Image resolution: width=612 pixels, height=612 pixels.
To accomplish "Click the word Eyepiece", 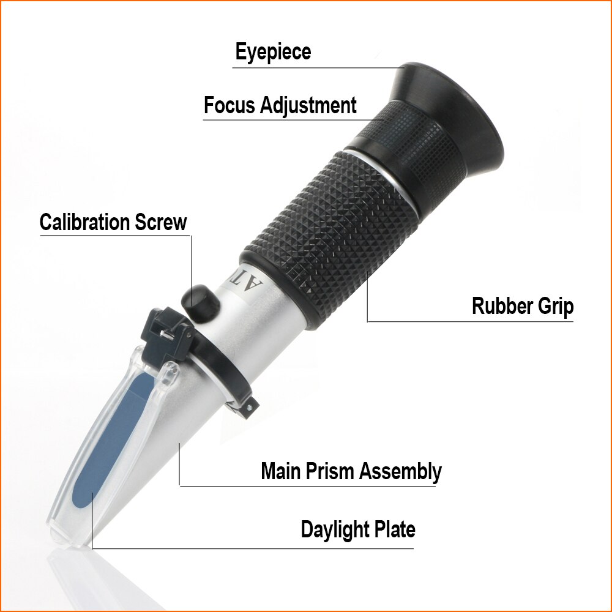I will [273, 52].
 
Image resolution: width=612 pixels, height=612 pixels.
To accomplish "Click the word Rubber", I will [502, 306].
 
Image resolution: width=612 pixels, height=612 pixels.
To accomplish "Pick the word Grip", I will [555, 306].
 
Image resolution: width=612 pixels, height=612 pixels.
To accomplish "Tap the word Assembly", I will [400, 471].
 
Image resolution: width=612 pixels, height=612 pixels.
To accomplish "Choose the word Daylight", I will [336, 529].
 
